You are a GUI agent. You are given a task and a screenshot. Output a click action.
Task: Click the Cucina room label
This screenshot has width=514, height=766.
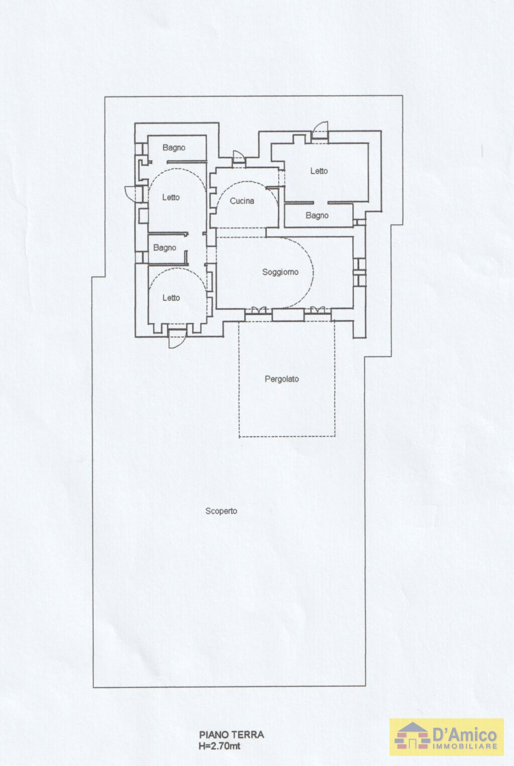(242, 201)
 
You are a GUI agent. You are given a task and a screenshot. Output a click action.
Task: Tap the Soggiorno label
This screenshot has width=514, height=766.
(280, 272)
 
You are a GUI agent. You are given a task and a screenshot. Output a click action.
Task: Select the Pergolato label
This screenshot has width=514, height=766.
(282, 379)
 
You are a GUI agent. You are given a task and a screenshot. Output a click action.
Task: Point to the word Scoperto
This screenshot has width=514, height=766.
(221, 511)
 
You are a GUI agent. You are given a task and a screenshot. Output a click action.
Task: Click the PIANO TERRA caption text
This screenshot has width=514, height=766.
(231, 734)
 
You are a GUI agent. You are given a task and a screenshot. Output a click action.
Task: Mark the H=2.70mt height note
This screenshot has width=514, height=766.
(219, 746)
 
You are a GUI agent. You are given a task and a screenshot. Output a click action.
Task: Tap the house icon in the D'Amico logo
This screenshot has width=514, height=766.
(412, 735)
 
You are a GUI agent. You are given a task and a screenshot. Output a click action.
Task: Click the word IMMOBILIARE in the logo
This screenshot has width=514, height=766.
(465, 746)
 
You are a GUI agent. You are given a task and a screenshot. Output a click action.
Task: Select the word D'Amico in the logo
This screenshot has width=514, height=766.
(465, 735)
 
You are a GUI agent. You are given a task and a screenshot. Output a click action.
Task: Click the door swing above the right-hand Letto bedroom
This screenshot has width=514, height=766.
(320, 132)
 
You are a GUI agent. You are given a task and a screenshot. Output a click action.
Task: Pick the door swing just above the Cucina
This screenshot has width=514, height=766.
(238, 158)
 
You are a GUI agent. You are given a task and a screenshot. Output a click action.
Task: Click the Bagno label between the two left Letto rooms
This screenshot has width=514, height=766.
(165, 247)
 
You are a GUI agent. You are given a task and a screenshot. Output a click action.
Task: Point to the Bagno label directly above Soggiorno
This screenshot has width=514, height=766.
(317, 215)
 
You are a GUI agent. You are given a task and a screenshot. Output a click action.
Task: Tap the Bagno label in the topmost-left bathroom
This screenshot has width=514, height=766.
(174, 148)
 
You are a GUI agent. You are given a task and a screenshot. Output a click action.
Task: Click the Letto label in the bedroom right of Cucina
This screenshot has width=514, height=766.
(319, 171)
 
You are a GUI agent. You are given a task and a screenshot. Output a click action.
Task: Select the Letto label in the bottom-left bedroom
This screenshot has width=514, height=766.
(171, 298)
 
